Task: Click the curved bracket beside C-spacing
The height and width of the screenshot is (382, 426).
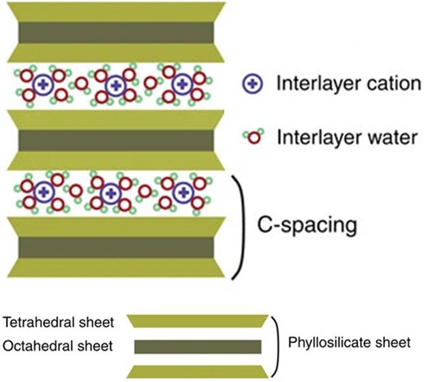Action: coord(239,225)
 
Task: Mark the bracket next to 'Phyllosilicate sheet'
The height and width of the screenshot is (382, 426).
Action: coord(275,344)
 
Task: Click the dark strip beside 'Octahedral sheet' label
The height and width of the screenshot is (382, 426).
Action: coord(198,347)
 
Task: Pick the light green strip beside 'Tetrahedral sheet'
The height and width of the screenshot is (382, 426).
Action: coord(198,321)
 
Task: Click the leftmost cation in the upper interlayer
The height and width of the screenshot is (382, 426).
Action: coord(44,85)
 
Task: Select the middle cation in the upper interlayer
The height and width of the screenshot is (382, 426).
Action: coord(115,85)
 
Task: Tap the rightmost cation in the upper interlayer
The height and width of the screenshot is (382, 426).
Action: coord(181,85)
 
